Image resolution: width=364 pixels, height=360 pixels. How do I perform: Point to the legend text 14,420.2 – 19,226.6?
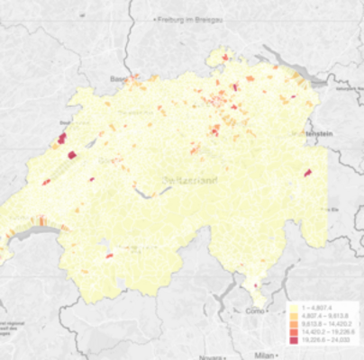(328, 333)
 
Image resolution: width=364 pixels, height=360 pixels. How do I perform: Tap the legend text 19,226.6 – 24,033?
(327, 341)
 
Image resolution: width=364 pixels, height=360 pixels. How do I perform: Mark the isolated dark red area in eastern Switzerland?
(307, 172)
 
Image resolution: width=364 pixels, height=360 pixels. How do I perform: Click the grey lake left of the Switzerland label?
(141, 192)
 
